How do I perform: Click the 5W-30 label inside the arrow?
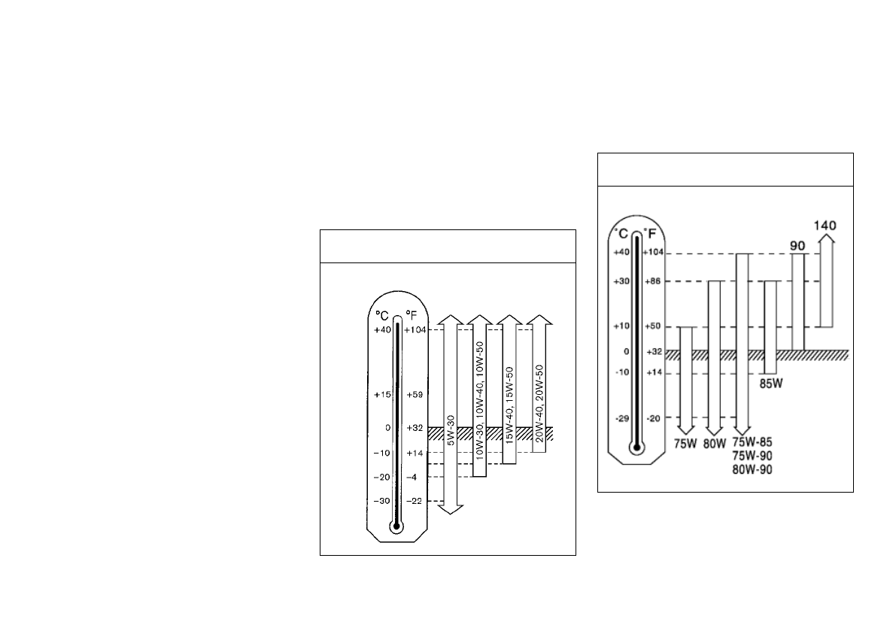coord(451,430)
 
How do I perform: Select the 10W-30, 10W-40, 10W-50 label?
coord(479,401)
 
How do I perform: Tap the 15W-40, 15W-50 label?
coord(509,405)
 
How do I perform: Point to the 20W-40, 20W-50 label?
coord(539,403)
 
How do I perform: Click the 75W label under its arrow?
coord(685,444)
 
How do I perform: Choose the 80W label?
coord(714,444)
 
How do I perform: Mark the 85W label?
coord(771,384)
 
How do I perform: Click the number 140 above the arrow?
coord(825,226)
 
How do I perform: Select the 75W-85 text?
coord(752,442)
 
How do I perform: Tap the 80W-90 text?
coord(752,469)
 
